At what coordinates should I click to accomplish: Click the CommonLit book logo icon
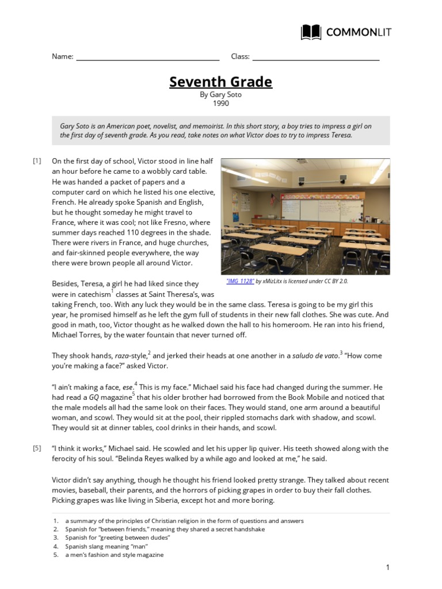(x=311, y=32)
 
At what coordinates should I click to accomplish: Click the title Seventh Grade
(x=220, y=82)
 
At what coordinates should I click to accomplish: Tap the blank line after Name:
(x=147, y=58)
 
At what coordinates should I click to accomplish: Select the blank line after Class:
(x=315, y=58)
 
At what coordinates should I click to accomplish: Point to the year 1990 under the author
(x=220, y=104)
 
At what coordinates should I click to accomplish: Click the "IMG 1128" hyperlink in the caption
(x=240, y=281)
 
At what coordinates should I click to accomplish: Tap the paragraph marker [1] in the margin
(x=37, y=161)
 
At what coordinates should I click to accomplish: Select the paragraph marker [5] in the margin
(x=37, y=448)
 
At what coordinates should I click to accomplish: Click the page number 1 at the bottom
(x=388, y=568)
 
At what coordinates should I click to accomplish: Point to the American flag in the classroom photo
(x=273, y=200)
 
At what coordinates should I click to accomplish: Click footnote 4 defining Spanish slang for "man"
(x=106, y=546)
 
